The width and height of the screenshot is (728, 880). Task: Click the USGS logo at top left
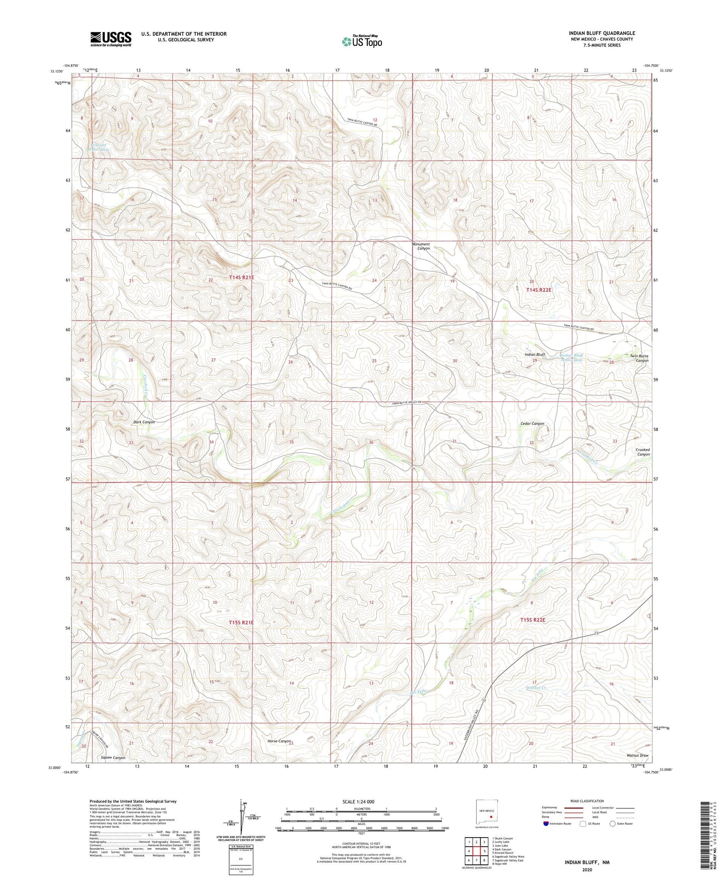click(x=111, y=39)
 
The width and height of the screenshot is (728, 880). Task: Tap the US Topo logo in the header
click(x=362, y=41)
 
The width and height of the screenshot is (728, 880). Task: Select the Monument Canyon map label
click(x=421, y=246)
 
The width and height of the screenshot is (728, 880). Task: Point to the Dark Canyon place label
click(x=144, y=422)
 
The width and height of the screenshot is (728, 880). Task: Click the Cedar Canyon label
click(x=532, y=423)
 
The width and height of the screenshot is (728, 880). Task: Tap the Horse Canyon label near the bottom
click(x=280, y=741)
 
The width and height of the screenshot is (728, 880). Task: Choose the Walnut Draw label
click(x=637, y=756)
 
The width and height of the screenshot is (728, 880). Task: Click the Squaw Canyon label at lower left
click(x=113, y=758)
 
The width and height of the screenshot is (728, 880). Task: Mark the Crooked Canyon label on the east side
click(x=642, y=452)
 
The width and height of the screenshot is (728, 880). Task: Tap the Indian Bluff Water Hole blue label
click(x=571, y=358)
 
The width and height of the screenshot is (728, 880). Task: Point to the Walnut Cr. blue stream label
click(x=536, y=687)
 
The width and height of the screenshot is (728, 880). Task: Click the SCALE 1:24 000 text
click(x=361, y=802)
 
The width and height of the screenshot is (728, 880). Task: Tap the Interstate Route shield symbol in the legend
click(x=546, y=824)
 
